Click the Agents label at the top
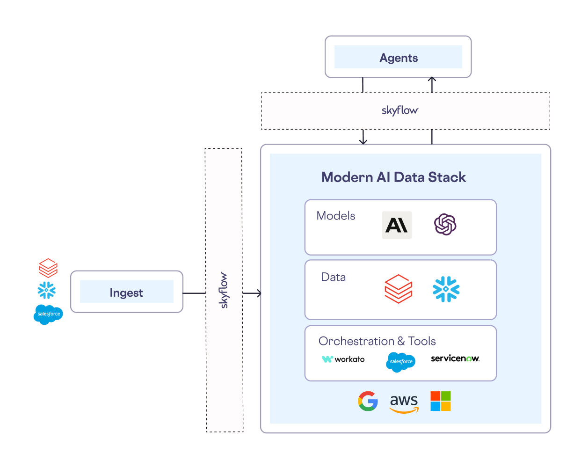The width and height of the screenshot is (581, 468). coord(399,58)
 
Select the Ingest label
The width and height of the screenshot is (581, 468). coord(126,292)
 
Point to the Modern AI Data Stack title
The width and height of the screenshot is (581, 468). coord(393,177)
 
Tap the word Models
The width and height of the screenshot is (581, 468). coord(336,216)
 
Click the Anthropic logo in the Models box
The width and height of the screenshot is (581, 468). coord(397,225)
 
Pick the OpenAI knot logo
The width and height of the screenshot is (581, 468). coord(445,224)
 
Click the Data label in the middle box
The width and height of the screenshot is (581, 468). coord(334,277)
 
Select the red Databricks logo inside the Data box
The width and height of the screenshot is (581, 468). coord(398,289)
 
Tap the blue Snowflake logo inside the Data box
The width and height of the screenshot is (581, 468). coord(446,289)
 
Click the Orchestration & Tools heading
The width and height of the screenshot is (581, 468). coord(377,341)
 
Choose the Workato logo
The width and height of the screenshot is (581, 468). coord(343,359)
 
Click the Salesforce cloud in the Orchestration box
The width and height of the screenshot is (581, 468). coord(401,362)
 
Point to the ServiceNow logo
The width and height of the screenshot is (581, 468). coord(455,358)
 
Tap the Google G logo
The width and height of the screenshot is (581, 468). coord(368,401)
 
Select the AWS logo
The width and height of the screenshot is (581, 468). coord(404,403)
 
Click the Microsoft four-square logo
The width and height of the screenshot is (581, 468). coord(441,401)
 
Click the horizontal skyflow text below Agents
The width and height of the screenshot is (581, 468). coord(400,110)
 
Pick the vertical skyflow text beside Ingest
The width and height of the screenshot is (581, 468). coord(224,290)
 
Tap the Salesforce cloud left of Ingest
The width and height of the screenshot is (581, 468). coord(48,314)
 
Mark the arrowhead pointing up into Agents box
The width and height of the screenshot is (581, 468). coord(432,80)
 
